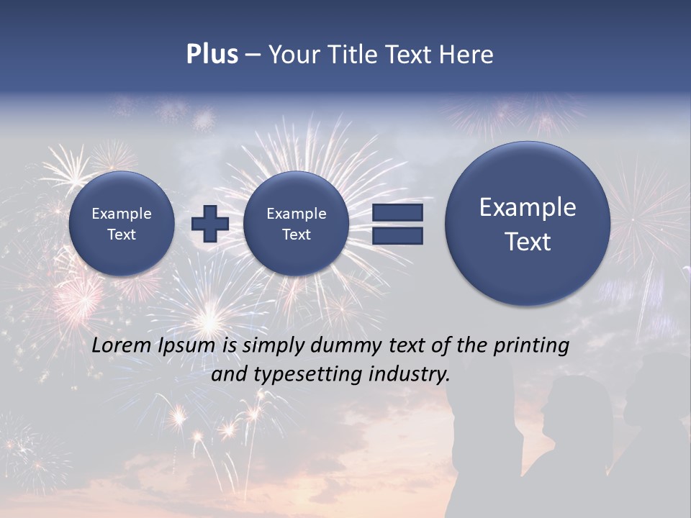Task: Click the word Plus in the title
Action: (212, 55)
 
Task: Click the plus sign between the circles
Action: (210, 224)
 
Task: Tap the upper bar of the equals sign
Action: (397, 212)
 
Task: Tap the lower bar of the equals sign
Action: (397, 235)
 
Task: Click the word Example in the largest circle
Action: (528, 207)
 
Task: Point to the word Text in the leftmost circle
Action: (122, 235)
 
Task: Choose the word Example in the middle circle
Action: (297, 214)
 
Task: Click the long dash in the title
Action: (253, 55)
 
